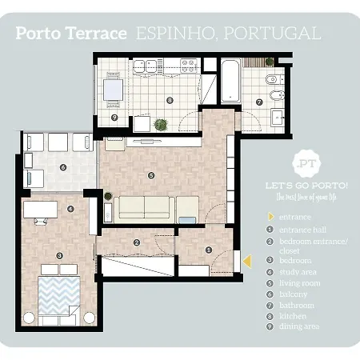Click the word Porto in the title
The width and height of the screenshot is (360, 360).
[x=42, y=34]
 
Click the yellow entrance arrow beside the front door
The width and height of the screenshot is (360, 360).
[x=248, y=261]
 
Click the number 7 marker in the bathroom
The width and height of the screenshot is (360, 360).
[x=259, y=102]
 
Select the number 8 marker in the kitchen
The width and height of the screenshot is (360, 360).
[x=170, y=100]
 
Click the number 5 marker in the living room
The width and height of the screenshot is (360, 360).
[x=151, y=175]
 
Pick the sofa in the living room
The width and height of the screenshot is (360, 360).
[x=145, y=208]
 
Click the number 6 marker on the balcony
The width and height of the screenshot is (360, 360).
[x=62, y=167]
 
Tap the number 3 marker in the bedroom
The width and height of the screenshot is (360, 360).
[x=60, y=256]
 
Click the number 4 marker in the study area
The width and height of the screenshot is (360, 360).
[x=71, y=210]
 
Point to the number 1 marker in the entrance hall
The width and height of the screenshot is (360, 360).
[x=209, y=250]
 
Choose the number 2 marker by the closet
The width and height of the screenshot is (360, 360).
[x=137, y=243]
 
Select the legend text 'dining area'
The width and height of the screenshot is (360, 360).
[x=300, y=326]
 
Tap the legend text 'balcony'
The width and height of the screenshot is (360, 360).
[x=294, y=294]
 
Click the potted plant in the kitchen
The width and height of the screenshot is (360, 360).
[x=161, y=125]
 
